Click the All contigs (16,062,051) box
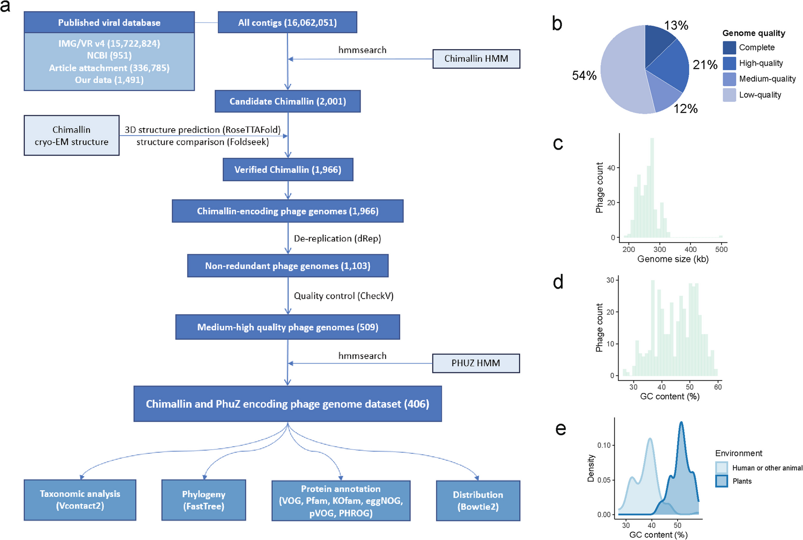pos(287,23)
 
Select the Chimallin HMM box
pos(476,59)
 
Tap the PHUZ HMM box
pos(475,363)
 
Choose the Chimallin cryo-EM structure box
pos(71,136)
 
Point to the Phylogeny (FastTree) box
pos(203,500)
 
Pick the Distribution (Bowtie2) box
pos(478,500)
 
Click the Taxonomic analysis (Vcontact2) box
pos(80,500)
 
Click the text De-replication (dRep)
pos(337,238)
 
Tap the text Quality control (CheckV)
pos(343,296)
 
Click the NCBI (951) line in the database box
pos(109,55)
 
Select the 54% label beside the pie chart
pos(584,75)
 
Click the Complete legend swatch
pos(729,47)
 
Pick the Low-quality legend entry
pos(760,95)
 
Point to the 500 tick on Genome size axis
pos(721,249)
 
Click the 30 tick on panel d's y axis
pos(610,280)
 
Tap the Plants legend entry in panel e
pos(742,481)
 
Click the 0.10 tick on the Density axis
pos(604,445)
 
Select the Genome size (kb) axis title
pos(673,259)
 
